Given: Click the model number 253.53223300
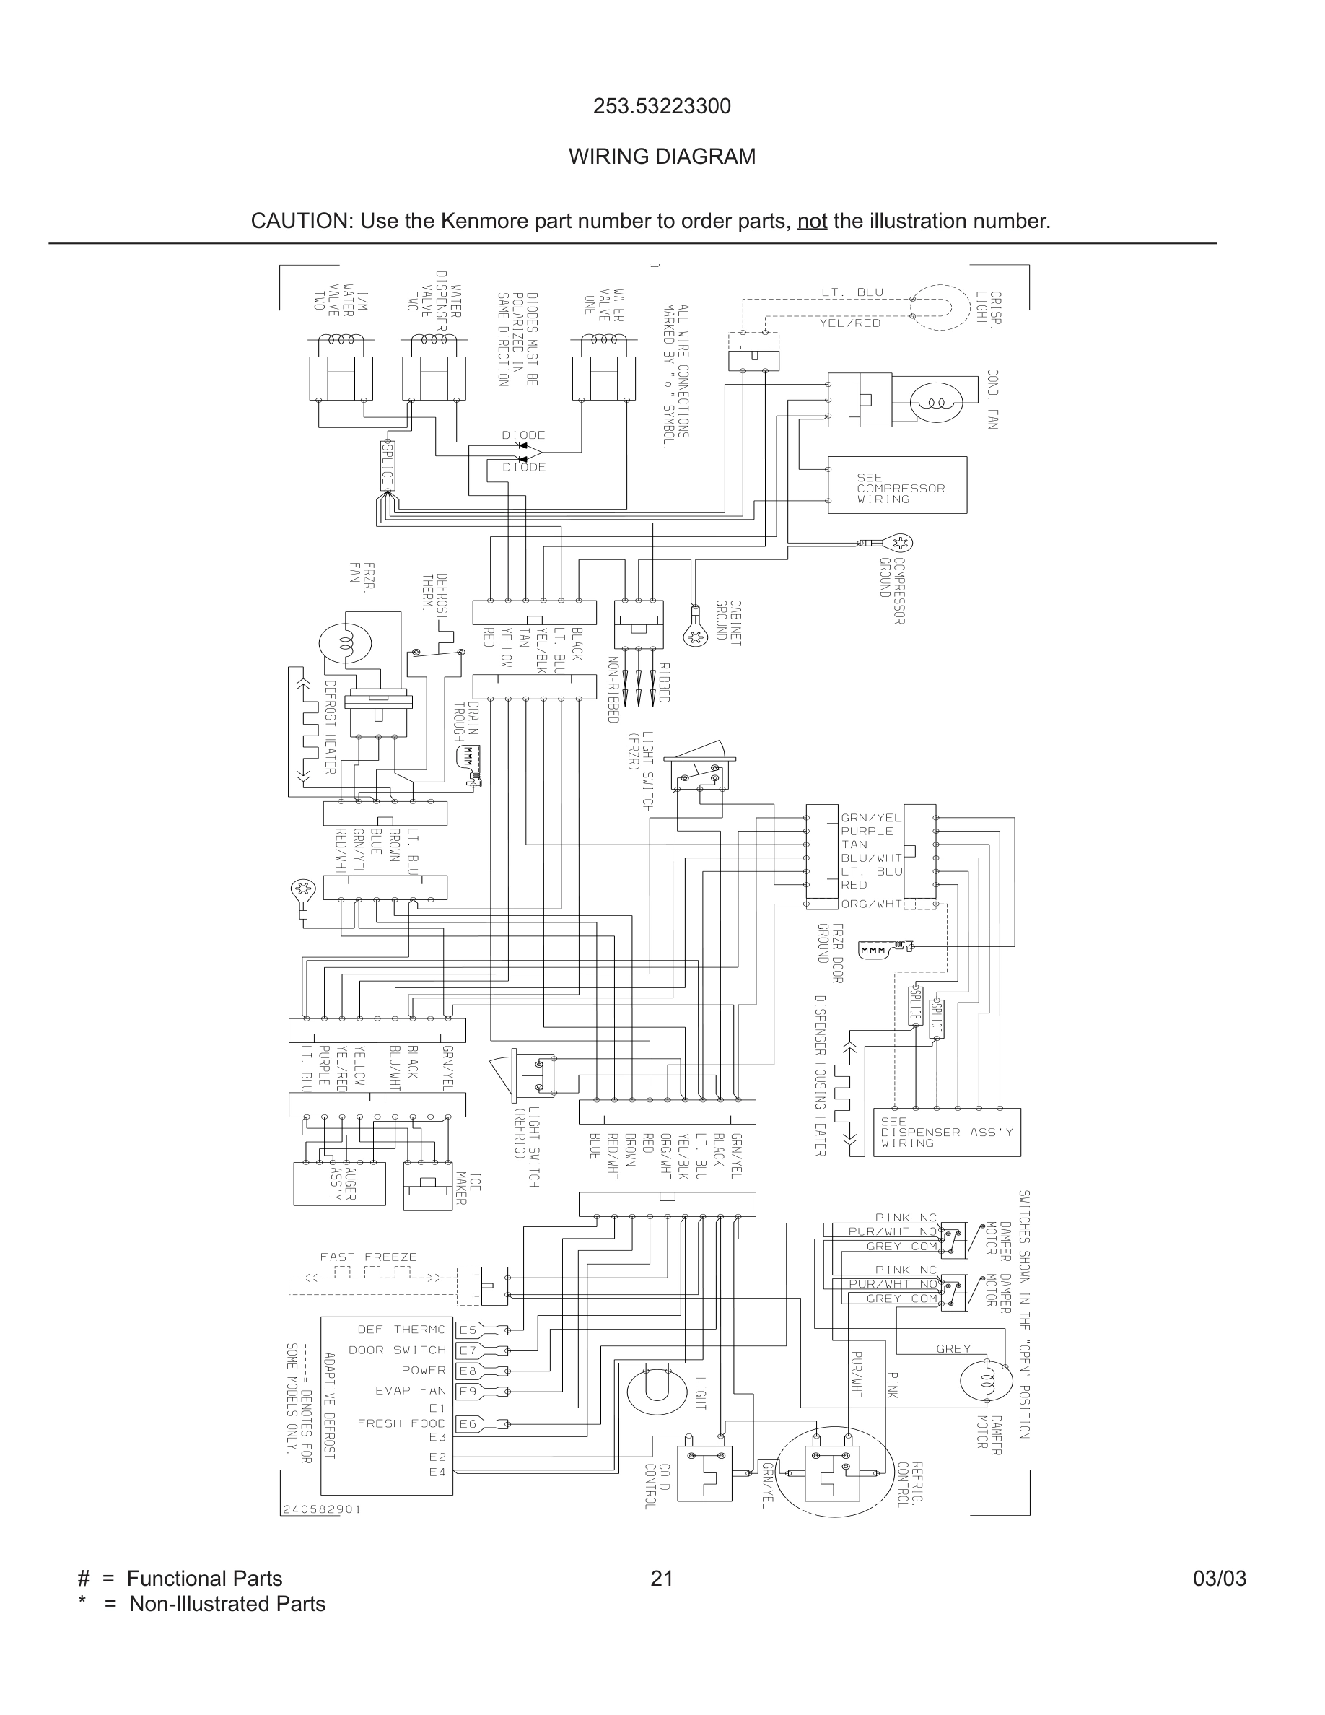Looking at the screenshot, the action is [662, 106].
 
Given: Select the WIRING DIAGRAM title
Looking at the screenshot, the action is [662, 157].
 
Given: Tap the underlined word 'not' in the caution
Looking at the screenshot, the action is [812, 222].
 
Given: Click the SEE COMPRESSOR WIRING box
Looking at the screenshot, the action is [897, 486].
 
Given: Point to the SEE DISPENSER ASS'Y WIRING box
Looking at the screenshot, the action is [947, 1133].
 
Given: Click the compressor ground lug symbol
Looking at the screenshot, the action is [899, 543].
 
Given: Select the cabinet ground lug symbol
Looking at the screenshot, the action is [695, 637].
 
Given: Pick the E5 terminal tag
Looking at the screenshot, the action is [468, 1330].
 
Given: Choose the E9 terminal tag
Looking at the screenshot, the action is [468, 1392].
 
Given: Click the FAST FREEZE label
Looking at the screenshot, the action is [368, 1257].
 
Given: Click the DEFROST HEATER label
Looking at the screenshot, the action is [331, 726].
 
